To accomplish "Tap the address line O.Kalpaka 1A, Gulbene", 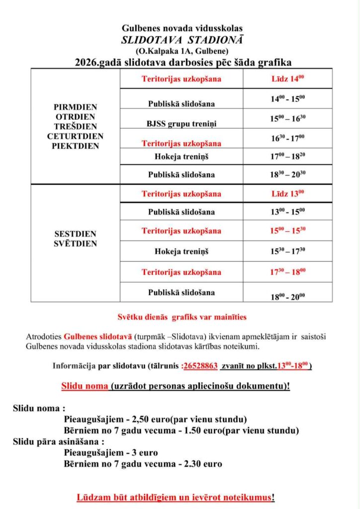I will point(182,51).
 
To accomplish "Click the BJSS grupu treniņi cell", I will point(181,123).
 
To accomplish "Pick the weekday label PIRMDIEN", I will point(75,107).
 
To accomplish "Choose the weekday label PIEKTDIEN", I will point(75,146).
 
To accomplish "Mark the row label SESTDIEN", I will point(75,234).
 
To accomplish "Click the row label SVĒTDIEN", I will point(75,244).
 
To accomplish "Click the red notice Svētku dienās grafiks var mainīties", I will point(182,317).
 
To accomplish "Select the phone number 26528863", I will point(200,365).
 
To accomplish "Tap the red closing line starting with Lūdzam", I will point(176,497).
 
